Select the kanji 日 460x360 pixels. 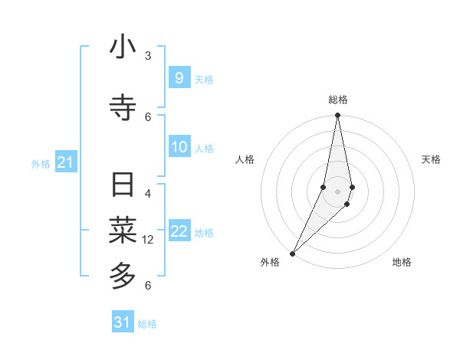point(123,185)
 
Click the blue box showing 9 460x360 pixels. point(179,78)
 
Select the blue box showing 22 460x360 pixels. point(179,232)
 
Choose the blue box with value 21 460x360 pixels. point(65,162)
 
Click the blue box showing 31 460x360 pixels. point(123,322)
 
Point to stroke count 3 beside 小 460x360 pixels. point(148,56)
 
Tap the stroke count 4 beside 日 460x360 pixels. point(148,194)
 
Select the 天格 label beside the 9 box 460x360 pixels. point(204,79)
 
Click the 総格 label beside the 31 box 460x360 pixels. point(147,324)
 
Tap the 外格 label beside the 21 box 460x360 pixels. point(41,163)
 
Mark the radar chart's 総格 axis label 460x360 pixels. point(337,100)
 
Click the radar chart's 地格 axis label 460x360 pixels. point(402,262)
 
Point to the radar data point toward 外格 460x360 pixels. point(292,253)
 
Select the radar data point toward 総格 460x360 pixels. point(337,115)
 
